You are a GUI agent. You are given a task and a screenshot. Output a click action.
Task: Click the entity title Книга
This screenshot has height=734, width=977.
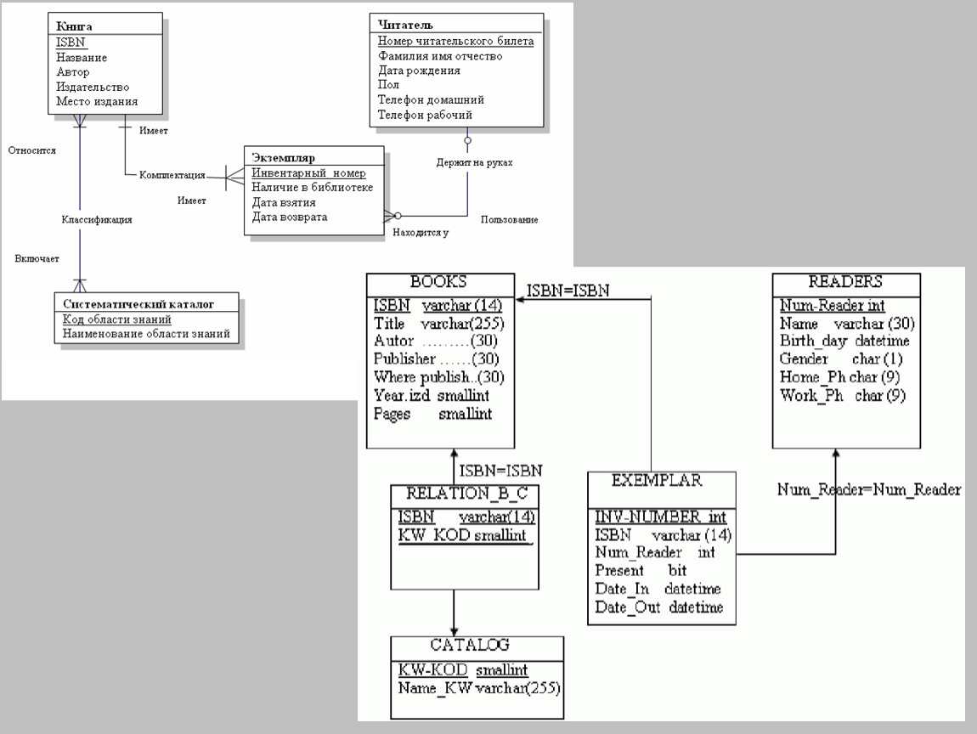point(74,26)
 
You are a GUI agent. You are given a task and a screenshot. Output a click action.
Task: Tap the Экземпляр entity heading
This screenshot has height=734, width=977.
point(284,158)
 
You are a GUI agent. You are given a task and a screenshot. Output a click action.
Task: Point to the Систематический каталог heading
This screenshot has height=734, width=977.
point(138,303)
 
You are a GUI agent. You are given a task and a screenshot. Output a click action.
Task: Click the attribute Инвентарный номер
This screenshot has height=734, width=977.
point(308,173)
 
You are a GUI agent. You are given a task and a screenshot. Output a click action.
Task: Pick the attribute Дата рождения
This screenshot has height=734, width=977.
point(419,71)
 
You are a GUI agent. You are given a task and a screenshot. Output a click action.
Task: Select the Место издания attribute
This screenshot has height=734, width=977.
point(97,101)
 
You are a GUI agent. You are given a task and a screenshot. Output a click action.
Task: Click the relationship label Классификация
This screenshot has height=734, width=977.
point(96,219)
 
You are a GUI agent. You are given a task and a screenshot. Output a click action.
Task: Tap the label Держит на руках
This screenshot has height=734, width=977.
point(474,161)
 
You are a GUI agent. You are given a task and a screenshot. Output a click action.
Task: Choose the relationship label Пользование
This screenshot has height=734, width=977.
point(509,219)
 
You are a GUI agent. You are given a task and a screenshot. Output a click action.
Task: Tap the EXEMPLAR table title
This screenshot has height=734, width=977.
point(657,480)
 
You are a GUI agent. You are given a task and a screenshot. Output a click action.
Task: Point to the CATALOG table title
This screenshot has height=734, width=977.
point(476,645)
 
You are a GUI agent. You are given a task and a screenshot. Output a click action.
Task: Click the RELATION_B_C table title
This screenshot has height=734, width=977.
point(464,493)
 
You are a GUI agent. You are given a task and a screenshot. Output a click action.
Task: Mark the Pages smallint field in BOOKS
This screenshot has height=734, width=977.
point(432,414)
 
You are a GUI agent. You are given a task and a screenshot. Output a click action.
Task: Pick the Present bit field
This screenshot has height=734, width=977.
point(641,570)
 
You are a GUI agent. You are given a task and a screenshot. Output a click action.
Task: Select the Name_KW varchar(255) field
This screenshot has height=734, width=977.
point(480,687)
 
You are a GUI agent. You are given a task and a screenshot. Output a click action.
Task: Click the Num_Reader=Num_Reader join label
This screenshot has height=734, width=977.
point(869,489)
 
